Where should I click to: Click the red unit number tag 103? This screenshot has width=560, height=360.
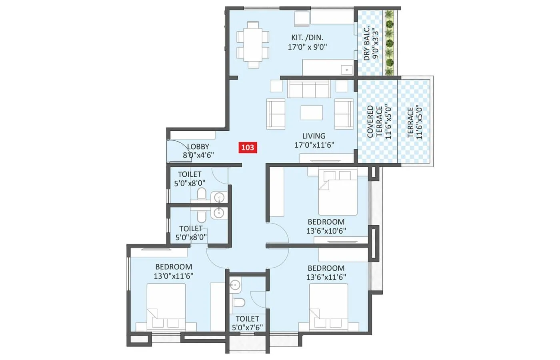tap(248, 147)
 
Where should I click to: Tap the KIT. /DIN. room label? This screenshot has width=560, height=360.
tap(307, 38)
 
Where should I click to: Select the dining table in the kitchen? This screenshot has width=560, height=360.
tap(253, 45)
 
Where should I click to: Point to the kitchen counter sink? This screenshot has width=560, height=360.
tap(346, 70)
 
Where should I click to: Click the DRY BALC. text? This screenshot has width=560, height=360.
tap(367, 43)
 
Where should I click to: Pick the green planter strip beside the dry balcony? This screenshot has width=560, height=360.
tap(389, 43)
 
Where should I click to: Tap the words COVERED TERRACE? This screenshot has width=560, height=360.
tap(374, 122)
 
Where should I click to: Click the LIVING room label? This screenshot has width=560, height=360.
tap(314, 136)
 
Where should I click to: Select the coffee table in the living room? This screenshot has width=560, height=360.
tap(312, 112)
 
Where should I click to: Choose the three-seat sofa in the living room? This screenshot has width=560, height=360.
tap(308, 89)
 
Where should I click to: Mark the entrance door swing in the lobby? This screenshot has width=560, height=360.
tap(179, 150)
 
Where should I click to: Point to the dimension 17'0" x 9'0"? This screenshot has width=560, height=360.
tap(307, 47)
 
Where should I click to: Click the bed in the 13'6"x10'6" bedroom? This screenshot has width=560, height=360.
tap(338, 192)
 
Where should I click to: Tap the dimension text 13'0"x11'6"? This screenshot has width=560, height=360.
tap(174, 276)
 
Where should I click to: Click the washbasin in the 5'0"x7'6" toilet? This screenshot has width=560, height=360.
tap(235, 285)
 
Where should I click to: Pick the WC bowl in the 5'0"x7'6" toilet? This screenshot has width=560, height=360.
tap(239, 302)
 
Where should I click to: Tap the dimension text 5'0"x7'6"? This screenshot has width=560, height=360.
tap(247, 327)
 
